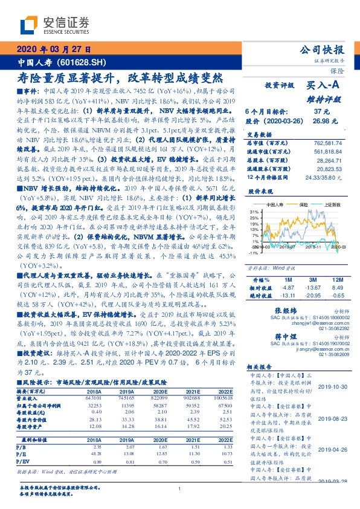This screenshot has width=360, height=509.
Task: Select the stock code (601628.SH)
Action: click(x=85, y=63)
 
